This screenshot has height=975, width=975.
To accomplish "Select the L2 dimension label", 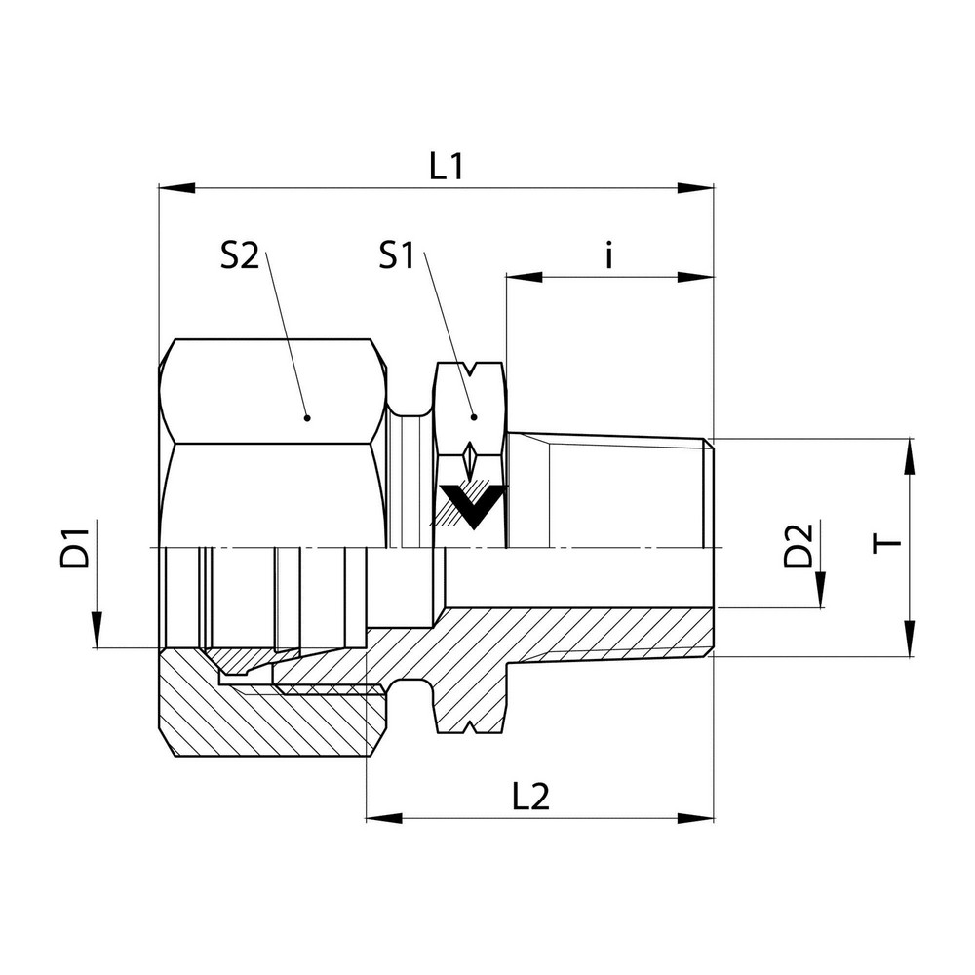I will pos(530,798).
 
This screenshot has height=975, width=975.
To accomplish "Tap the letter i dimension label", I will pos(608,256).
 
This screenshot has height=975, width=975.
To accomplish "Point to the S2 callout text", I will pos(239,256).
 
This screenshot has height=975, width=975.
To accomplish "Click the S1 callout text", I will pos(398,256).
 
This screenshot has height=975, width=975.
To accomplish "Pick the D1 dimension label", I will pos(80,547).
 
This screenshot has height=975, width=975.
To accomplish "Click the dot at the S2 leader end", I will pos(306,417).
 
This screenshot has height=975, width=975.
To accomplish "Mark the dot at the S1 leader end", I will pos(474,417).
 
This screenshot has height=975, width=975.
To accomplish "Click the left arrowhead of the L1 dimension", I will pos(175,187).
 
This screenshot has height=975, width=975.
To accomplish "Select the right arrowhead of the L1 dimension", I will pos(696,187).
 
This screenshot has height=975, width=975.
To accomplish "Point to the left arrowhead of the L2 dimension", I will pos(383,817).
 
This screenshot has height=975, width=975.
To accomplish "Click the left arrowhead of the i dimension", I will pos(524,277).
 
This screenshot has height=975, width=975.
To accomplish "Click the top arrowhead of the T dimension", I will pos(909,455).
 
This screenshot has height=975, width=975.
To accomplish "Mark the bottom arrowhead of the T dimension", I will pos(909,639).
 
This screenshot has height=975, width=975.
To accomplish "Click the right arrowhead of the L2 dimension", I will pos(696,817).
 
